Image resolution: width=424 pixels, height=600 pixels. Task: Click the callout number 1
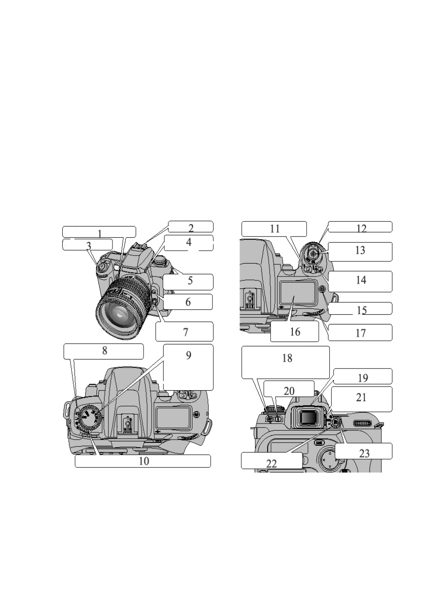pos(100,234)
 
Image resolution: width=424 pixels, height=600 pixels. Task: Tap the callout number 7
pos(186,332)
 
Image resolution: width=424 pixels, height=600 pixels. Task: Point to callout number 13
pos(360,250)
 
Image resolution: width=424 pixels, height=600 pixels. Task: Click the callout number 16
pos(295,332)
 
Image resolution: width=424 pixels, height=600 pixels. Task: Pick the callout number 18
pos(287,358)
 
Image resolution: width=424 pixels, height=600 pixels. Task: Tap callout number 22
pos(271,464)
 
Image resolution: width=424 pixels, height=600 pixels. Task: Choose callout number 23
pos(364,453)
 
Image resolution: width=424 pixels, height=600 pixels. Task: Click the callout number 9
pos(188,355)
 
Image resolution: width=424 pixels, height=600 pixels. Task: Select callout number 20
pos(289,391)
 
